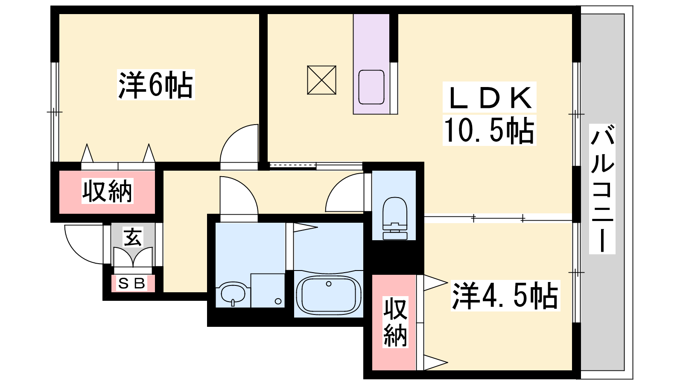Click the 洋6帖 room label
tap(156, 85)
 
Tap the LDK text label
tap(489, 98)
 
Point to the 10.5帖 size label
tap(489, 131)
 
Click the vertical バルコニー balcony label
tap(602, 189)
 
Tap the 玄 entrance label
tap(133, 237)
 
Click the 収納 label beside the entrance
tap(107, 191)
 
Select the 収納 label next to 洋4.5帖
tap(395, 323)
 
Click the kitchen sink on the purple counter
tap(371, 87)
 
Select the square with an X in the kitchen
tap(322, 80)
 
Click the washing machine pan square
tap(268, 291)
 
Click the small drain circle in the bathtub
tap(328, 284)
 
